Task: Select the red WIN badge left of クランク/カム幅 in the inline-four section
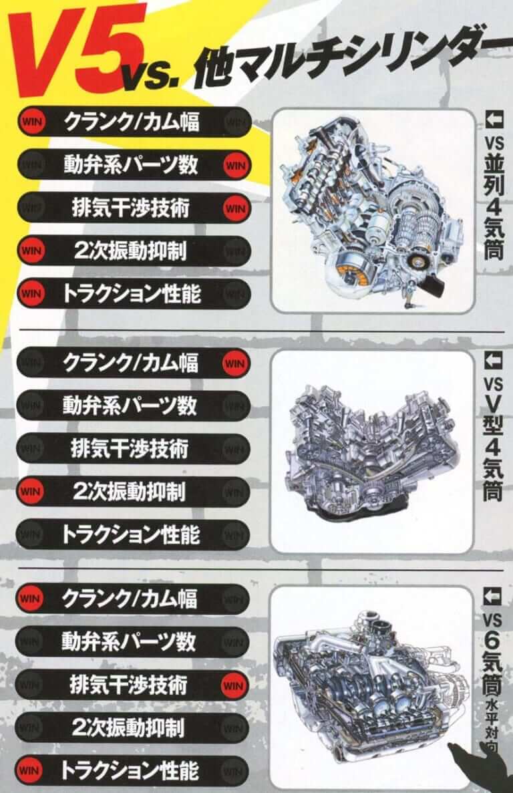tap(31, 122)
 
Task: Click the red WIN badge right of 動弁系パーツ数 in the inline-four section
tap(236, 166)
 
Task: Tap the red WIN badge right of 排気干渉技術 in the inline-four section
tap(236, 208)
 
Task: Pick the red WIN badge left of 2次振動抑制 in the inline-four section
tap(31, 251)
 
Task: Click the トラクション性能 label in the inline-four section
tap(132, 294)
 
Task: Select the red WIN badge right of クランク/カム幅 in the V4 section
tap(234, 363)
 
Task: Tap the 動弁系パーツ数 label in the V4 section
tap(130, 406)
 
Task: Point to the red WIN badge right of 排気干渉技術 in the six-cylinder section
tap(233, 686)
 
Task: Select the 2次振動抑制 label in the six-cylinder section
tap(128, 728)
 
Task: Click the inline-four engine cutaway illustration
tap(372, 211)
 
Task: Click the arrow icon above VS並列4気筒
tap(494, 120)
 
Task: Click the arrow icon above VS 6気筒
tap(492, 597)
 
